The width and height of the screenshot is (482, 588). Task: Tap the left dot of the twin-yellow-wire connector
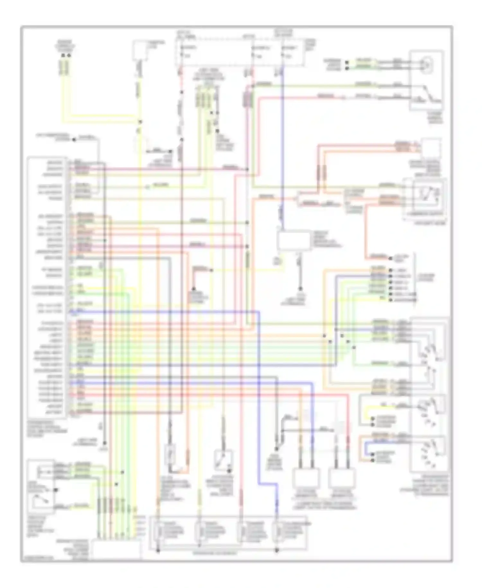tap(63, 56)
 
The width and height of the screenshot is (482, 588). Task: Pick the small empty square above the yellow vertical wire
tap(142, 51)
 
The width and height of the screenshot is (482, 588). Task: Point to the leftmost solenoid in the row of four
tap(158, 533)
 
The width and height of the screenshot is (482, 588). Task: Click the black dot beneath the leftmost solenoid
tap(158, 551)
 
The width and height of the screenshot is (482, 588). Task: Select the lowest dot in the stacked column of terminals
tap(390, 300)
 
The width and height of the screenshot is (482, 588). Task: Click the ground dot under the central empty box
tap(300, 289)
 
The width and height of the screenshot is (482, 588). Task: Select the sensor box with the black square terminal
tap(41, 482)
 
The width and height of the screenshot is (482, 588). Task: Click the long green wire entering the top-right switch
tap(321, 85)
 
